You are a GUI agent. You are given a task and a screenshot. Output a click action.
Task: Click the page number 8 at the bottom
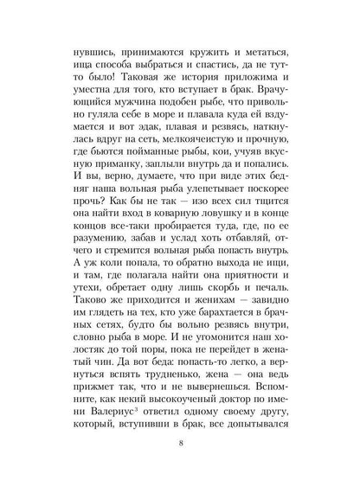[x=179, y=445]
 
